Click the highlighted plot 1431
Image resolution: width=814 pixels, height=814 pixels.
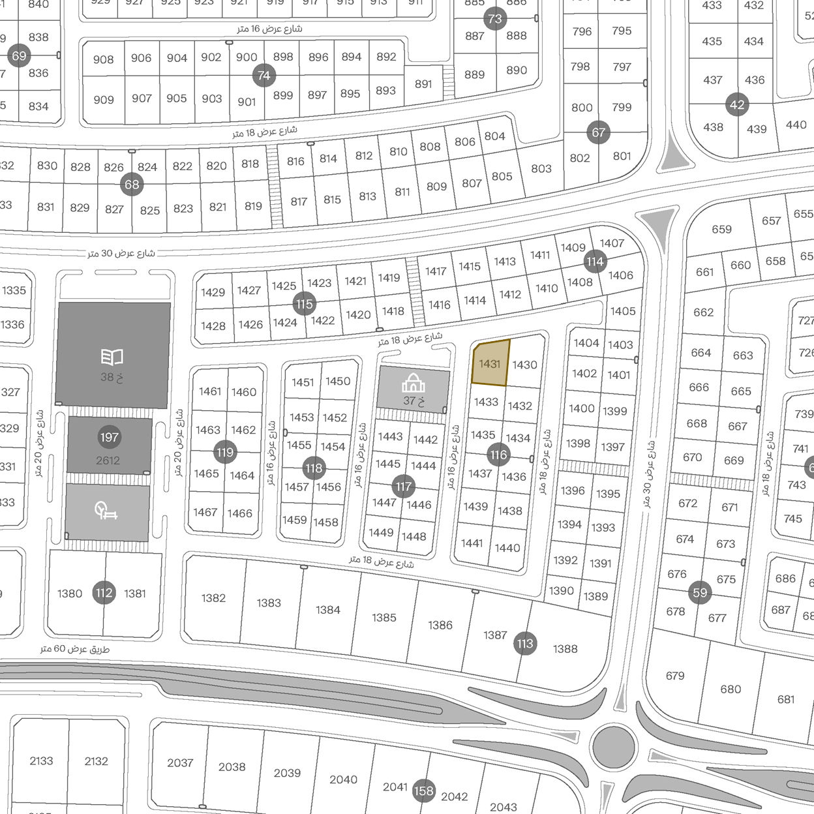tap(490, 363)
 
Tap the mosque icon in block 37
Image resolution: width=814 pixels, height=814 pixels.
tap(414, 383)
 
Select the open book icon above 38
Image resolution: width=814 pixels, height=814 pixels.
tap(112, 357)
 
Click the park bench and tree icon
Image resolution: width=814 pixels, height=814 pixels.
tap(106, 510)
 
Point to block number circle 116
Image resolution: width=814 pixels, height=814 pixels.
tap(498, 455)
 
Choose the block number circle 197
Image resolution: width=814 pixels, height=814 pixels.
tap(110, 437)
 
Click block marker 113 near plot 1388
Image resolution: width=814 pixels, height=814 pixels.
tap(525, 644)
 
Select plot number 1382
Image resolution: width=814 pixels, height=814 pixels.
tap(213, 598)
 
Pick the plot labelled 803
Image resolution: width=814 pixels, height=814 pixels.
tap(541, 168)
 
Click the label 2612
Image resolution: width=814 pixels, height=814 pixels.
tap(108, 460)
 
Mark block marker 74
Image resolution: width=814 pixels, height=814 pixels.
tap(264, 76)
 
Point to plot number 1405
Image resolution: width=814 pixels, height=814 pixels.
tap(623, 311)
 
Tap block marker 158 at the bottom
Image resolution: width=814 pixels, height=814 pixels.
tap(423, 791)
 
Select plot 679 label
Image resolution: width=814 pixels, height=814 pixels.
tap(675, 676)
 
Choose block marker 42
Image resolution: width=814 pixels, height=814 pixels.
tap(737, 105)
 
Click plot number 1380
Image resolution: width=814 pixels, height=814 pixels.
tap(70, 594)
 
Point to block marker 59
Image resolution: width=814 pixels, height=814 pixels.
tap(700, 593)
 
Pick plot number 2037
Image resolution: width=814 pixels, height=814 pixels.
tap(180, 762)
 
